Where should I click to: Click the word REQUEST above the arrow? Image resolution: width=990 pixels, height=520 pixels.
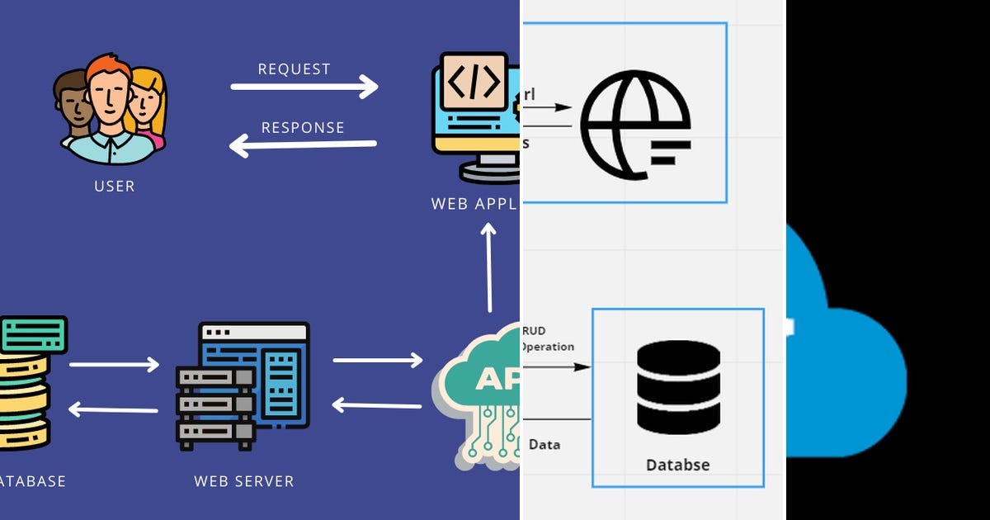(294, 69)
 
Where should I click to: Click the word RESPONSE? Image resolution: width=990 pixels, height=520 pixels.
(303, 128)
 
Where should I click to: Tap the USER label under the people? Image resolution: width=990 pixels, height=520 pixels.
(114, 187)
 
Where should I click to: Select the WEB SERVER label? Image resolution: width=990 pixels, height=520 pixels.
(243, 481)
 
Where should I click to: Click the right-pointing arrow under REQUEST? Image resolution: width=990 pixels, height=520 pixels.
(304, 87)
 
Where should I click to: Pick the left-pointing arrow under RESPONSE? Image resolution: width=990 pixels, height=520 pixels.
(303, 146)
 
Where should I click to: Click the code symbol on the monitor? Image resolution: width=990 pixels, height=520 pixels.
(473, 82)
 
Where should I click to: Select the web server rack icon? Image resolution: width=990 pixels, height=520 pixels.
(243, 386)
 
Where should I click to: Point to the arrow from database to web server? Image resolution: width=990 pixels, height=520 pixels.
(114, 364)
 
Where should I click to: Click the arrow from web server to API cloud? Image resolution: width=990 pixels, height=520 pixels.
(377, 360)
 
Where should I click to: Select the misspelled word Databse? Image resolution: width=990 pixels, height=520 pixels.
(677, 465)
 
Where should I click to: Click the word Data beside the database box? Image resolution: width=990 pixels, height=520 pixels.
(544, 445)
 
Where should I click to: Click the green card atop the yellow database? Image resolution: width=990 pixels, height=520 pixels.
(33, 335)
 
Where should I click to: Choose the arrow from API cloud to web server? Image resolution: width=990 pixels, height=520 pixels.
(377, 404)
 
